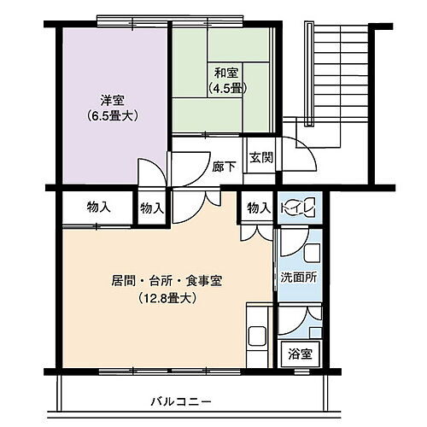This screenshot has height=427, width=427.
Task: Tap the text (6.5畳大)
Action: tap(112, 115)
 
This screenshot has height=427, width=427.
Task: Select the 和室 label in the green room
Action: tap(225, 72)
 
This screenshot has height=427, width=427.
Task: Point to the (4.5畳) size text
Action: tap(225, 87)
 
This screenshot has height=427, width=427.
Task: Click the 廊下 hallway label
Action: tap(223, 167)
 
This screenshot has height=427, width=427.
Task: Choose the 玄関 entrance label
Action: tap(260, 157)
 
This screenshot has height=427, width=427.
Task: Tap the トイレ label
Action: tap(300, 208)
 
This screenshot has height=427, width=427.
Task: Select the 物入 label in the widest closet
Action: tap(99, 207)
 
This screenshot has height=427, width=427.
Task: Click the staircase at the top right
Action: tap(333, 77)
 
